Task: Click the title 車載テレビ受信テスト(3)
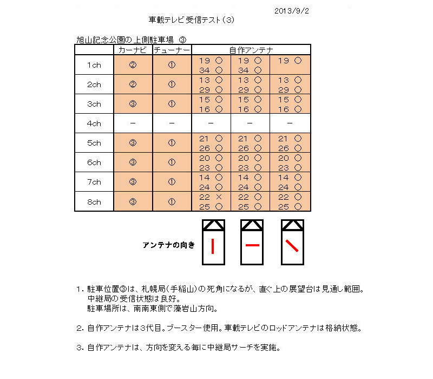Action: click(192, 20)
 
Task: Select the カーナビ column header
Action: click(133, 50)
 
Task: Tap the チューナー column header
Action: click(172, 50)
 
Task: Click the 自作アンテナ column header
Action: click(251, 50)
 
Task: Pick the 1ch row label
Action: click(94, 65)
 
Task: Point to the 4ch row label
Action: click(94, 123)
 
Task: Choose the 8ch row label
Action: click(94, 201)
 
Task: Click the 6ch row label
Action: click(94, 162)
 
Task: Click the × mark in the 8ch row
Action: click(219, 197)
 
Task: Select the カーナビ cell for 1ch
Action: click(133, 65)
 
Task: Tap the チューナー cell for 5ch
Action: click(172, 143)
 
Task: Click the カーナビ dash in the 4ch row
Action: click(133, 123)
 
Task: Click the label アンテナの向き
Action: click(168, 245)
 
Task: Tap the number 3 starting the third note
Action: click(78, 347)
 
